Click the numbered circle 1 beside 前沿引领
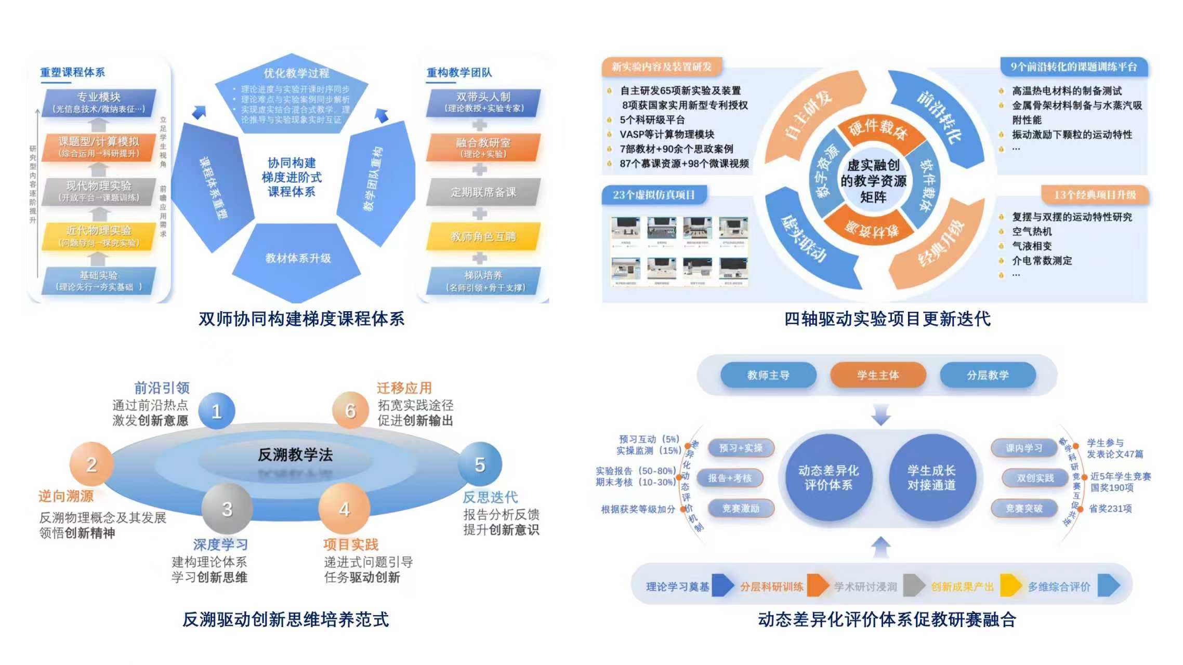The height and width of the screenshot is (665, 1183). point(217,411)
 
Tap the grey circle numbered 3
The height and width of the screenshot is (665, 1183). point(227,509)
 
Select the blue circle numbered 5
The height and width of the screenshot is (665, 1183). point(480,464)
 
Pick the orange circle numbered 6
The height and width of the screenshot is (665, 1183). point(350,410)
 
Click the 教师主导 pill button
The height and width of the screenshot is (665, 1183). point(768,375)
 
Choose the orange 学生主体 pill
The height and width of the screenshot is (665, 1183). point(878,375)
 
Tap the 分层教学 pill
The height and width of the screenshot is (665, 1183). point(988,375)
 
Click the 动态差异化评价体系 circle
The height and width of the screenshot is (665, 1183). point(828,477)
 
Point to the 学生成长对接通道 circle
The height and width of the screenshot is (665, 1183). point(931,477)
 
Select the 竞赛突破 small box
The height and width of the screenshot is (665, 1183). point(1024,508)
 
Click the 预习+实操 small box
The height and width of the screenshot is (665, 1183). point(741,448)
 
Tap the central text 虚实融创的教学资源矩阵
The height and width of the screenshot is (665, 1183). point(873,181)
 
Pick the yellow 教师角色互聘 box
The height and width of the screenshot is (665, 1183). point(483,237)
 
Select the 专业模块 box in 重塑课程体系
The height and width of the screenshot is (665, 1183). point(99,102)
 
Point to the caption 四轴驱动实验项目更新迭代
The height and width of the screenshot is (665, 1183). point(887,318)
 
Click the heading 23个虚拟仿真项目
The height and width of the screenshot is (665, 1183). point(653,195)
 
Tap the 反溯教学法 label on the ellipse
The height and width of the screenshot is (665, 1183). point(295,455)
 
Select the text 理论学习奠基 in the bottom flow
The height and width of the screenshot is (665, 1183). point(677,587)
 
